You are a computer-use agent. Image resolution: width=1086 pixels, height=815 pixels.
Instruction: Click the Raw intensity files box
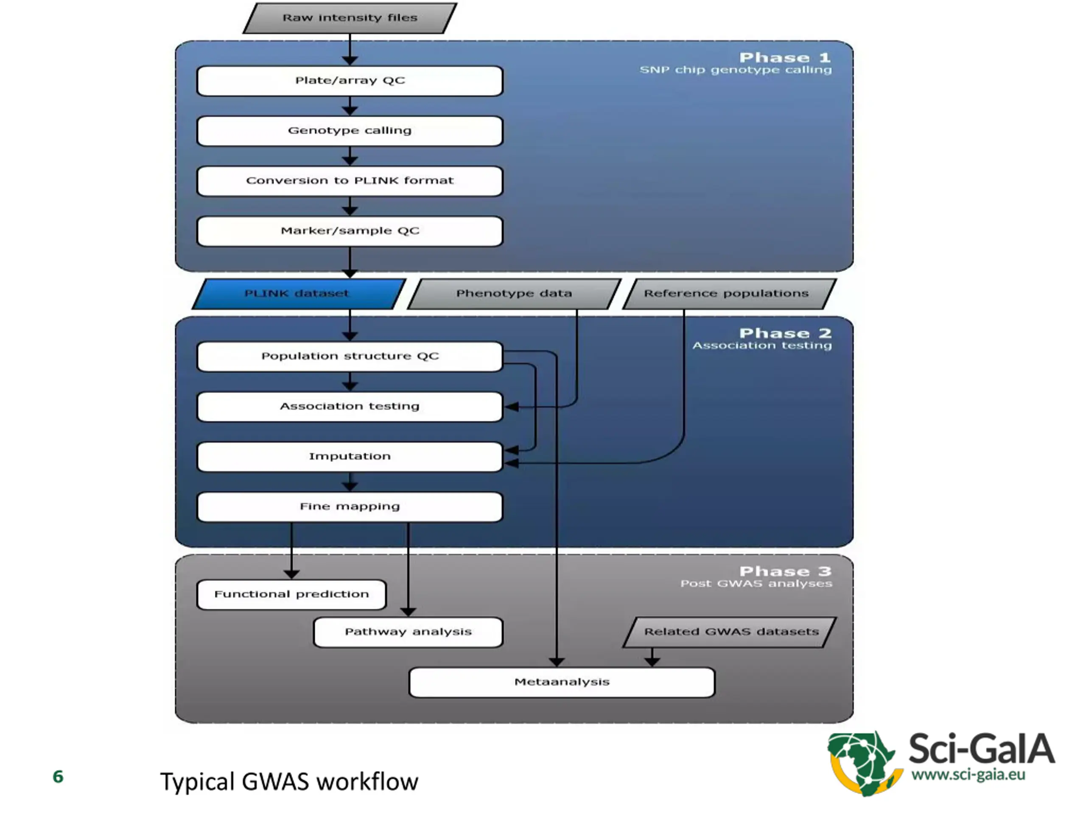click(x=350, y=18)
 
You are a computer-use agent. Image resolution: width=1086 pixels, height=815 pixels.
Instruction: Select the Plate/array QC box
click(x=350, y=81)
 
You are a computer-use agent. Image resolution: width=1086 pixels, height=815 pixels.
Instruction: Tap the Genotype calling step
click(x=350, y=131)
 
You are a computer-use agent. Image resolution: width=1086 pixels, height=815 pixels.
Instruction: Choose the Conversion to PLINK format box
click(x=350, y=181)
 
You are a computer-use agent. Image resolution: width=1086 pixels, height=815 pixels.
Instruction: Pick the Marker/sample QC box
click(x=350, y=231)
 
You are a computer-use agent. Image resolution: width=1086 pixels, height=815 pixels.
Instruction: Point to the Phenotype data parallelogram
click(x=514, y=294)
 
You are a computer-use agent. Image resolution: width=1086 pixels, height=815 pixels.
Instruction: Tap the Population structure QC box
click(x=350, y=357)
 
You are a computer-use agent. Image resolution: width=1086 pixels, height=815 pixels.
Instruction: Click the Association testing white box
click(x=350, y=407)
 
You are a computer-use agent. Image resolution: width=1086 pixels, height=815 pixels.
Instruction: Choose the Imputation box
click(x=350, y=457)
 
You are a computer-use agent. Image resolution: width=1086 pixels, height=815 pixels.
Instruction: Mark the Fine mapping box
click(x=350, y=507)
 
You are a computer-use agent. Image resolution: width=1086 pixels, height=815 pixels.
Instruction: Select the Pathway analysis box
click(x=408, y=632)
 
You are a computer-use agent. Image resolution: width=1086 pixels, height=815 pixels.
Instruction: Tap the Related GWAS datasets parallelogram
click(x=731, y=632)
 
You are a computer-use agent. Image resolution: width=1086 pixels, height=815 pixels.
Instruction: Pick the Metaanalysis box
click(x=562, y=683)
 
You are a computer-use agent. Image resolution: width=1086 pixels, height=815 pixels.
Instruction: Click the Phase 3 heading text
click(x=785, y=571)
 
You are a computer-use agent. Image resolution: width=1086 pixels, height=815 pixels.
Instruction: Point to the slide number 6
click(x=58, y=777)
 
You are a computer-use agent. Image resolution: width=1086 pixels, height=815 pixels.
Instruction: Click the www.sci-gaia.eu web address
click(x=968, y=775)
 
